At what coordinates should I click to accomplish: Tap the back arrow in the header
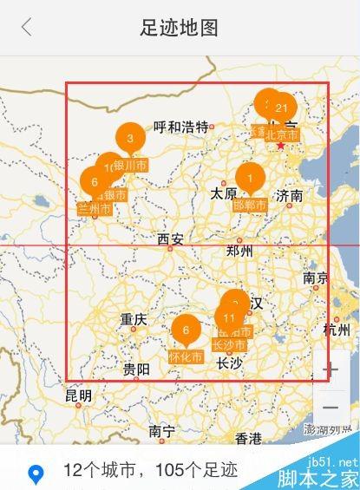pos(27,27)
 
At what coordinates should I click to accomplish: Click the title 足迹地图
pos(180,28)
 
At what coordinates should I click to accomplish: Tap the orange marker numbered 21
pos(281,108)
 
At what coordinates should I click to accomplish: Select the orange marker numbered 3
pos(130,138)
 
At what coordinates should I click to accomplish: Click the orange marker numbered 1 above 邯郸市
pos(250,178)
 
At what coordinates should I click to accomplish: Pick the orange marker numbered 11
pos(229,317)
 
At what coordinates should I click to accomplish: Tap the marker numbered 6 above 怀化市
pos(186,330)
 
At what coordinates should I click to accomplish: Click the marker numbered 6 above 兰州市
pos(94,182)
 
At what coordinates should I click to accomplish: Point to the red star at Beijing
pos(281,146)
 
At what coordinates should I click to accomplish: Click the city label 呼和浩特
pos(181,127)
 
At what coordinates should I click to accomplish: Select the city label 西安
pos(170,239)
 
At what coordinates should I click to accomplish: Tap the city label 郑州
pos(239,252)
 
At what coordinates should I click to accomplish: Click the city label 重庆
pos(135,317)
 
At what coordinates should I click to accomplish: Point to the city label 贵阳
pos(135,369)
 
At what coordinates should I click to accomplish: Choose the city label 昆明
pos(78,395)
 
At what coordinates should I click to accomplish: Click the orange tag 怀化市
pos(185,356)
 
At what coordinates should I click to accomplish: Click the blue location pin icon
pos(36,474)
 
